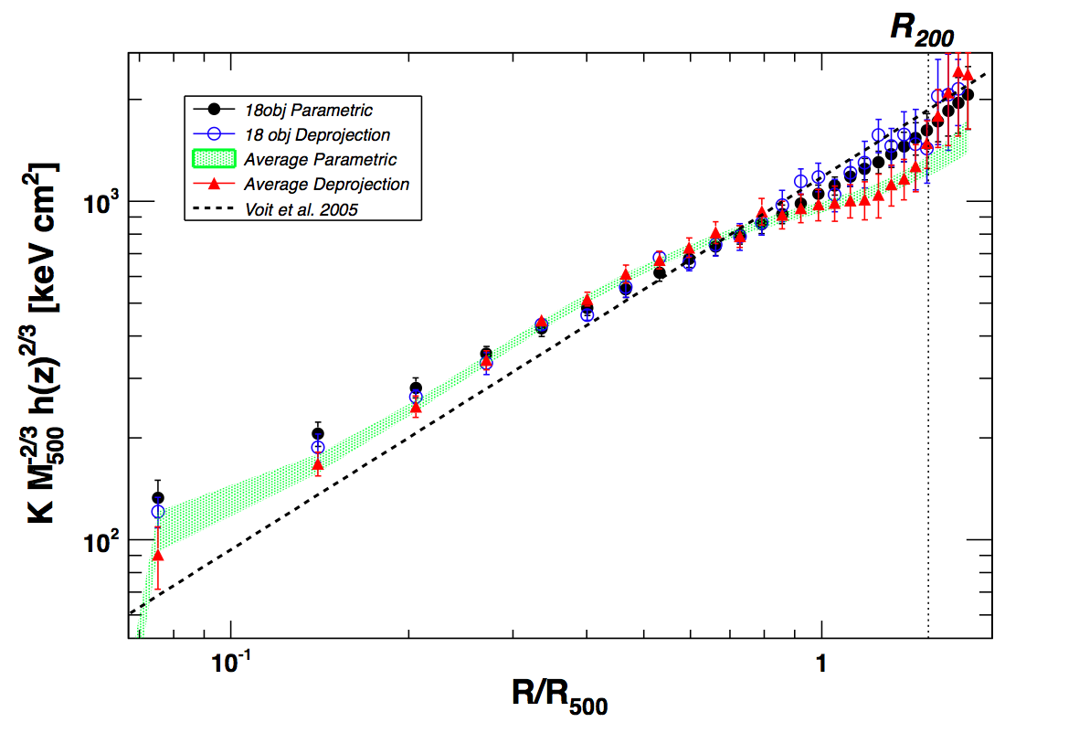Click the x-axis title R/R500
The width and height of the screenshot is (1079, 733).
(x=559, y=696)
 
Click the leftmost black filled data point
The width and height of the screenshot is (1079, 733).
(x=158, y=498)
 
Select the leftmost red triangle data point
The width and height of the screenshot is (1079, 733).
(x=158, y=555)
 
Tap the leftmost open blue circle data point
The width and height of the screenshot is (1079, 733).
(x=158, y=512)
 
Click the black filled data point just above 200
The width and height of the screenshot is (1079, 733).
(x=318, y=434)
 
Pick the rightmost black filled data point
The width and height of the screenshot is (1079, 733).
(x=968, y=95)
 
